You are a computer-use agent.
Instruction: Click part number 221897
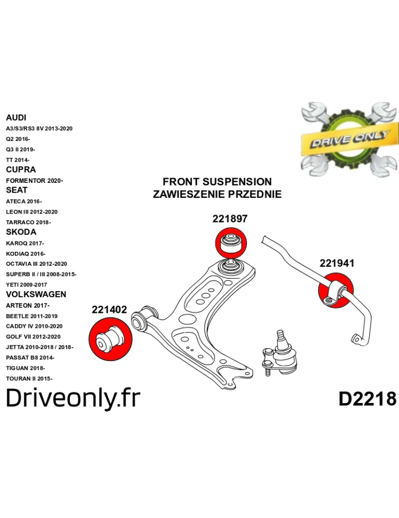[x=230, y=219]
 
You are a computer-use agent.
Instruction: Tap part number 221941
[x=337, y=263]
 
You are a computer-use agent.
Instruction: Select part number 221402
[x=109, y=310]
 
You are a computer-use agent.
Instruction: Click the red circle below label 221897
[x=231, y=243]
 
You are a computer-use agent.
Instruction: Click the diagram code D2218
[x=367, y=399]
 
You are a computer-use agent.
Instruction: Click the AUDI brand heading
[x=16, y=118]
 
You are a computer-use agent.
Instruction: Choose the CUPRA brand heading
[x=21, y=170]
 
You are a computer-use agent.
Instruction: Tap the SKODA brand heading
[x=21, y=232]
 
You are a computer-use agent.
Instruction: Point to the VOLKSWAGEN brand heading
[x=36, y=294]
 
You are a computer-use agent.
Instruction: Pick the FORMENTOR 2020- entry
[x=34, y=181]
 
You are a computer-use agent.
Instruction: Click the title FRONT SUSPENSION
[x=217, y=182]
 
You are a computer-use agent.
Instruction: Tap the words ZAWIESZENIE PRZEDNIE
[x=217, y=194]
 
